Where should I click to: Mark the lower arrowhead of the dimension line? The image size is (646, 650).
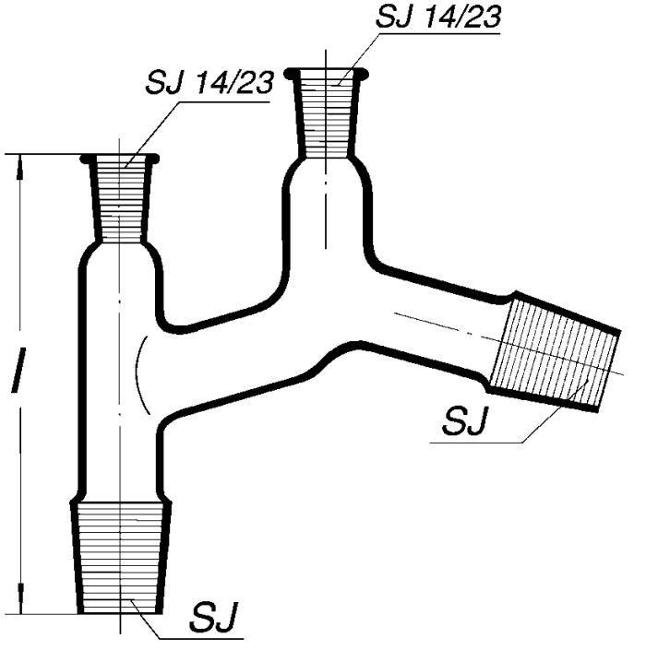[21, 603]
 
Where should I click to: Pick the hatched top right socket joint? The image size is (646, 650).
[327, 115]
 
